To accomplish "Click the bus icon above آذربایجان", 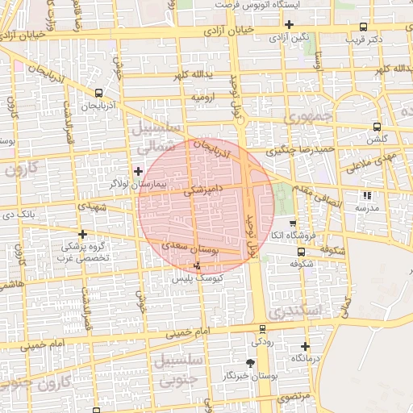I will point(98,94).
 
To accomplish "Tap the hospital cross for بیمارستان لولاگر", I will point(139,170).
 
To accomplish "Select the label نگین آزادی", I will point(289,37).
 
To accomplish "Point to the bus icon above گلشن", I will point(377,127).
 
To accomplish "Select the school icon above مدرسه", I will point(368,195).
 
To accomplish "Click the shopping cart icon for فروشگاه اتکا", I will point(292,223).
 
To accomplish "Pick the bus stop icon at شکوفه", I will point(301,251).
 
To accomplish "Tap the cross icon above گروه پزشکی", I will point(82,234).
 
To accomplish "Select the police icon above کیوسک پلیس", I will point(198,265).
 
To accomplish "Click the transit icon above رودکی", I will point(262,328).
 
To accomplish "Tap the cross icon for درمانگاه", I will point(305,347).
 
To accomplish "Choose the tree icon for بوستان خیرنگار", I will point(250,364).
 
